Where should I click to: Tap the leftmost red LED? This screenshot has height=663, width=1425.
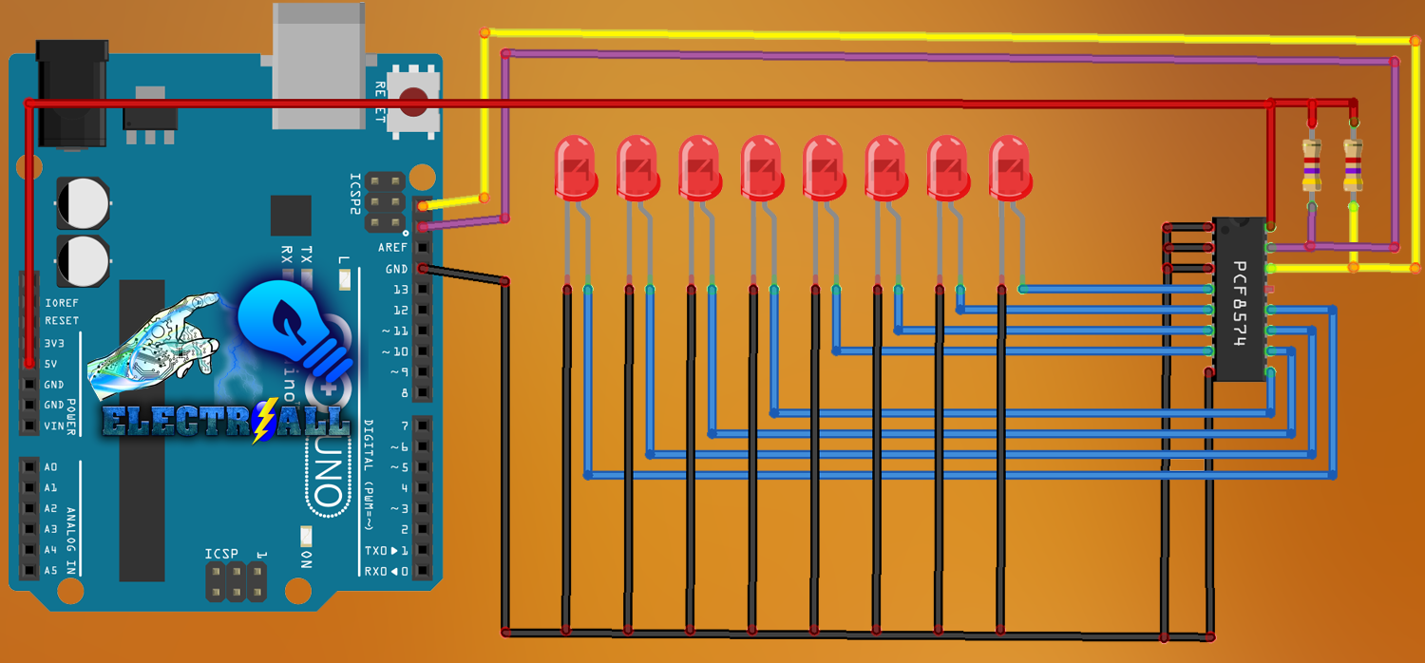click(574, 167)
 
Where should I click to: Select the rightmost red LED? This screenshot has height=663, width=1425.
click(1009, 167)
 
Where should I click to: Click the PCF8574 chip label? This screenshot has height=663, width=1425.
click(1240, 304)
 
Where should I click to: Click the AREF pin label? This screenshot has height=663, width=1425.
click(392, 248)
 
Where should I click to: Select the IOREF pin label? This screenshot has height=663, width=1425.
click(62, 303)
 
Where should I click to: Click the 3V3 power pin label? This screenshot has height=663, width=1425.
click(55, 343)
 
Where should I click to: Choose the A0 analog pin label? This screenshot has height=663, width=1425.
click(50, 467)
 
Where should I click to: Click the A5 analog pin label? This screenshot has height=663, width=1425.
click(50, 571)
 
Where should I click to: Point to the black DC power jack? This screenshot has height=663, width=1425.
click(70, 93)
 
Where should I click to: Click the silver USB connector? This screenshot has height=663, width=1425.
click(318, 65)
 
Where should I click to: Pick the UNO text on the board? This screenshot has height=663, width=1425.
click(325, 471)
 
